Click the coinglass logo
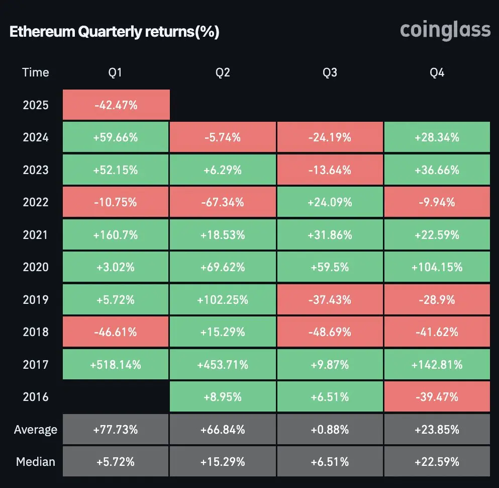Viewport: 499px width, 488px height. pyautogui.click(x=445, y=30)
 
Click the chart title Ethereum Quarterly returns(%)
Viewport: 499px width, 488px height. pyautogui.click(x=114, y=32)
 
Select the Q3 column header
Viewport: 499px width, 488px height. pyautogui.click(x=330, y=72)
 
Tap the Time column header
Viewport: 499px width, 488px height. pyautogui.click(x=36, y=72)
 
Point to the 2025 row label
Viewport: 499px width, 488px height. pyautogui.click(x=36, y=105)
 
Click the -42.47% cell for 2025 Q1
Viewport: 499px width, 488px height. pyautogui.click(x=116, y=105)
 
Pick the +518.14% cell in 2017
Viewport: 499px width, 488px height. pyautogui.click(x=116, y=365)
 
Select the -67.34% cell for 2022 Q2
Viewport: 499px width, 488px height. pyautogui.click(x=223, y=202)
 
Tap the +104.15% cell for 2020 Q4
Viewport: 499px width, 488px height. pyautogui.click(x=437, y=267)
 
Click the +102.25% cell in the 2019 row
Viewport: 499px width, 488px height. pyautogui.click(x=223, y=300)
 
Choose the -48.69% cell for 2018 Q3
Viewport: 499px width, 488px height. pyautogui.click(x=330, y=332)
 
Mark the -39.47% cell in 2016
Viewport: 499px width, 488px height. pyautogui.click(x=437, y=397)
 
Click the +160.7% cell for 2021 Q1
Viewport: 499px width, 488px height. pyautogui.click(x=116, y=235)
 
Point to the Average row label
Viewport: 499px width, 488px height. pyautogui.click(x=36, y=430)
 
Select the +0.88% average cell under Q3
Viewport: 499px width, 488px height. pyautogui.click(x=330, y=430)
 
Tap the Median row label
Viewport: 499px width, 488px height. pyautogui.click(x=36, y=461)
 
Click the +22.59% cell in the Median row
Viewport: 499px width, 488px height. pyautogui.click(x=437, y=461)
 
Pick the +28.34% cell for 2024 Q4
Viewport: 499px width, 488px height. pyautogui.click(x=437, y=137)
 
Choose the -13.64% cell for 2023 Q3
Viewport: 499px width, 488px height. pyautogui.click(x=330, y=170)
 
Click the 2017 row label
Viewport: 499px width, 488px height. pyautogui.click(x=36, y=365)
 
